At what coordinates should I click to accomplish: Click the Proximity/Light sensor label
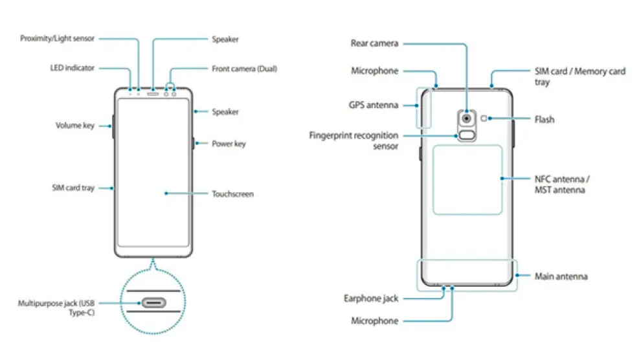point(57,39)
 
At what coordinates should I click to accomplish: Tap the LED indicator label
point(73,67)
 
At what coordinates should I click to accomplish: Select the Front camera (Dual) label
point(244,69)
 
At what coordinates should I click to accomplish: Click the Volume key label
point(75,126)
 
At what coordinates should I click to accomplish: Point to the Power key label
point(229,144)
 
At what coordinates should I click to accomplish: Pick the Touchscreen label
point(232,194)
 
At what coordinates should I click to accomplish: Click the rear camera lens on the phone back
point(466,118)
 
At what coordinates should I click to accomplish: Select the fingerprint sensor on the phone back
point(466,136)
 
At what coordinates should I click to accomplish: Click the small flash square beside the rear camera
point(484,118)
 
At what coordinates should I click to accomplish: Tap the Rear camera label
point(374,43)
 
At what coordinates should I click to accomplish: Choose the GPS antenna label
point(374,105)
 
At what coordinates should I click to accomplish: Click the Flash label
point(545,120)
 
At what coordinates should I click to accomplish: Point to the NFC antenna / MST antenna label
point(562,184)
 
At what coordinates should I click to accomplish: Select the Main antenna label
point(561,276)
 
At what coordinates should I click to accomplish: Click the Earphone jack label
point(371,298)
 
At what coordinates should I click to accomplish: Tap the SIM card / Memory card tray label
point(579,76)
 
